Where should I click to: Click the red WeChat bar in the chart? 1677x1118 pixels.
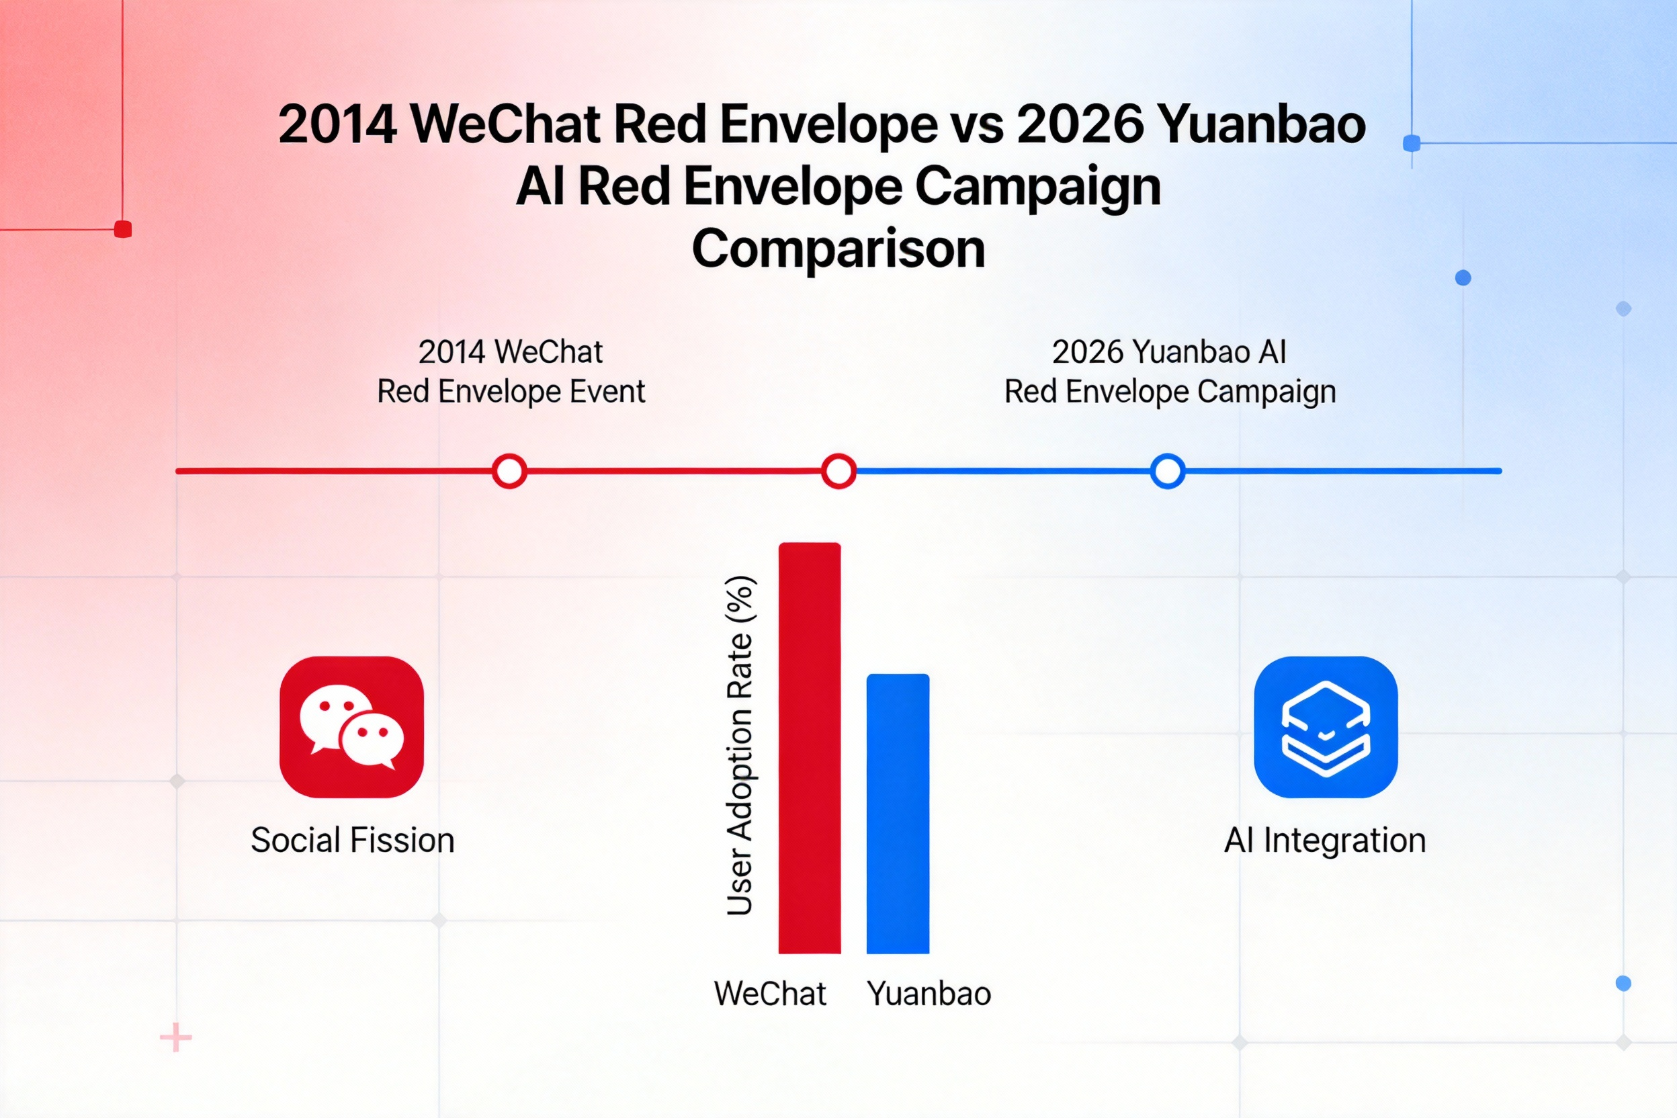coord(809,748)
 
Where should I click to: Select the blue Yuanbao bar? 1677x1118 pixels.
coord(898,814)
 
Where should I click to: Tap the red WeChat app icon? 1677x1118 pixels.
coord(351,726)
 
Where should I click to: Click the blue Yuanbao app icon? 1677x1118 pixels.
coord(1326,726)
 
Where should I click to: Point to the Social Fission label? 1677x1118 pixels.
coord(352,840)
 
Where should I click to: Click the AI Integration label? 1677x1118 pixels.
coord(1325,840)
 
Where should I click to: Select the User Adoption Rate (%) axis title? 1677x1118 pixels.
coord(740,745)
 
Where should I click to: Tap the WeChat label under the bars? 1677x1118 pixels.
coord(770,993)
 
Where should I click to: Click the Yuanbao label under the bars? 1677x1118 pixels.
coord(929,994)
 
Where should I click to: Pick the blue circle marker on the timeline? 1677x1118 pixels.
coord(1168,471)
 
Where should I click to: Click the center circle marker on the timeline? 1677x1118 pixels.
coord(838,471)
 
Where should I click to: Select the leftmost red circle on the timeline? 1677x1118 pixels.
coord(509,471)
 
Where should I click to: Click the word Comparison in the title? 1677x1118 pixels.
coord(838,249)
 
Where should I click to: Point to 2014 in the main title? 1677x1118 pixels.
coord(337,124)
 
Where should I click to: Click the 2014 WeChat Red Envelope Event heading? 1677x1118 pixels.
coord(511,372)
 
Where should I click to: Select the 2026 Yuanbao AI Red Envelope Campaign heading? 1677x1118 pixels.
coord(1170,372)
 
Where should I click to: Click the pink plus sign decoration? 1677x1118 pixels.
coord(176,1037)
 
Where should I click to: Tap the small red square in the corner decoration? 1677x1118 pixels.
coord(123,229)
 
